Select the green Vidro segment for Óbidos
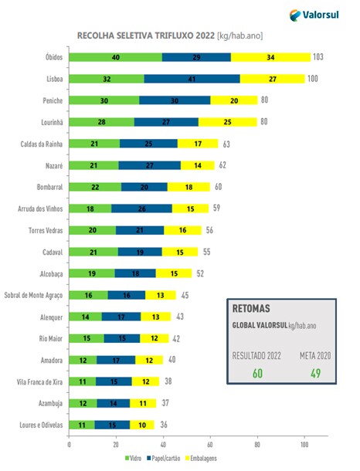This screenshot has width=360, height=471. click(x=115, y=57)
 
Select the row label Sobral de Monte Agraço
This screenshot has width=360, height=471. click(x=35, y=294)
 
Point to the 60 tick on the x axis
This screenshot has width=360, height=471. click(x=210, y=443)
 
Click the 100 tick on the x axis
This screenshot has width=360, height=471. click(x=304, y=443)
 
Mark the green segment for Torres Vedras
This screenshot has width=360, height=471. click(x=92, y=229)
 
